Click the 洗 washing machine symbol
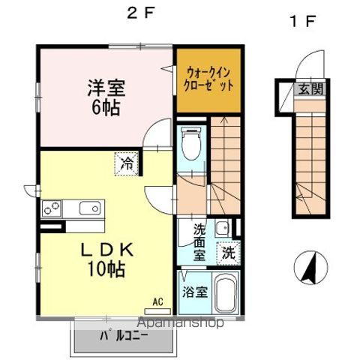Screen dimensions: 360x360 (x=227, y=253)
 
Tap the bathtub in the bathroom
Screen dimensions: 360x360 (x=224, y=294)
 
